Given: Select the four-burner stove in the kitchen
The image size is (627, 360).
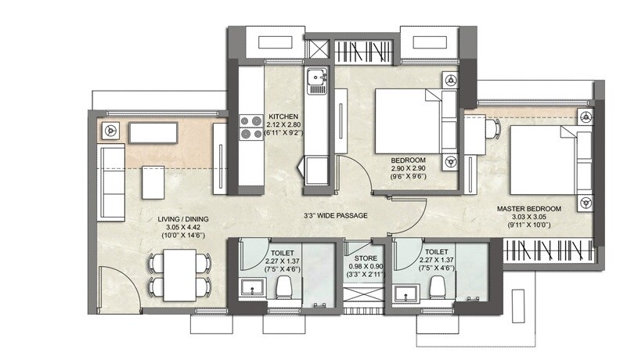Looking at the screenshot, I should pos(250,128).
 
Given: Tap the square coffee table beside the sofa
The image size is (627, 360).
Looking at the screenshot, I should pos(153,182).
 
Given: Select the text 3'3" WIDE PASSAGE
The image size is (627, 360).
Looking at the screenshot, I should pos(336,216).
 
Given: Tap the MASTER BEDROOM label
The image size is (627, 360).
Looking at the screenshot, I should pos(529,210).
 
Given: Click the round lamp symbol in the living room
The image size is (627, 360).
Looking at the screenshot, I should pos(111,131).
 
